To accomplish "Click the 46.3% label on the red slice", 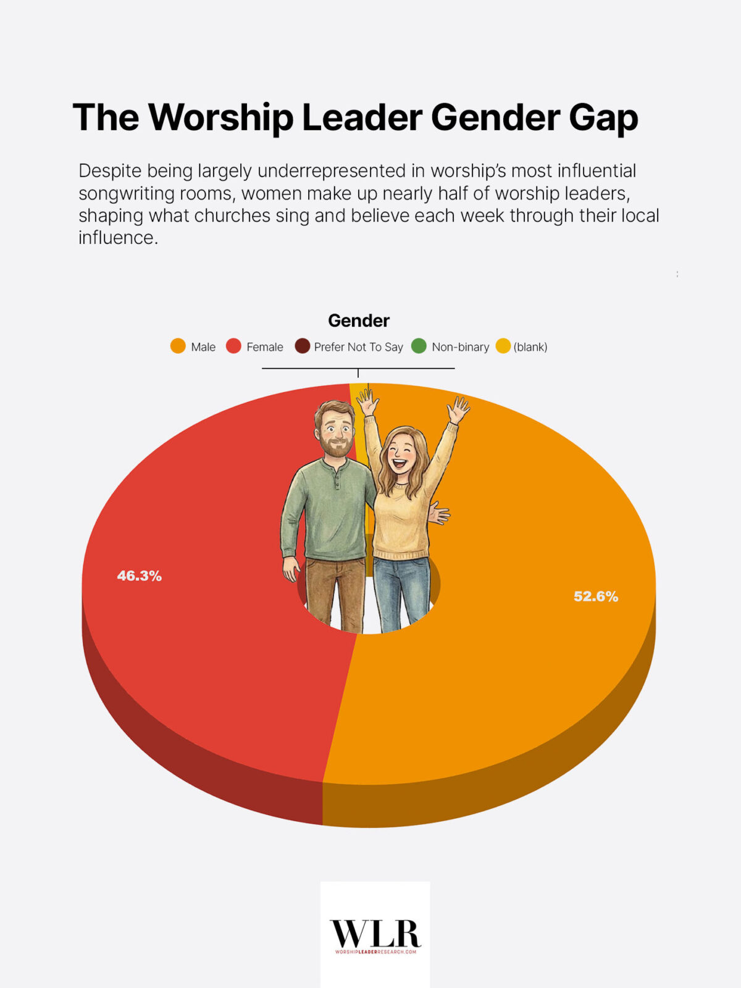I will tap(140, 576).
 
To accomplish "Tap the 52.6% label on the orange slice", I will tap(596, 597).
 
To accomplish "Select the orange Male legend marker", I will tap(178, 346).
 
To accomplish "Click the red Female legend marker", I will tap(233, 346).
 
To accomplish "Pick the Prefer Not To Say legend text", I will tap(358, 347).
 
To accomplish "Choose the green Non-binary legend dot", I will tap(419, 346).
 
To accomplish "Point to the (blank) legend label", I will tap(530, 347).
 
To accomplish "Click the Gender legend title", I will tap(358, 320).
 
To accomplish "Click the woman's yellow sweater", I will tap(401, 525).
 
